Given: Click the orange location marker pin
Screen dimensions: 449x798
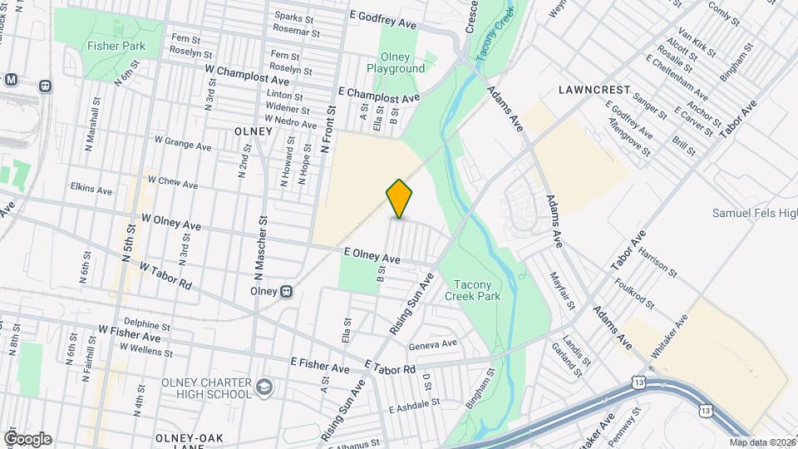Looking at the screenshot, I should [x=399, y=199].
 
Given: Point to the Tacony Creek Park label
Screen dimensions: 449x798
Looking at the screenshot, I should [x=471, y=289].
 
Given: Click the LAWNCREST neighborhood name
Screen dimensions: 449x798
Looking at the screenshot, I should [x=594, y=88].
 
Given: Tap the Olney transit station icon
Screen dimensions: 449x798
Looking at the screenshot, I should [x=285, y=291].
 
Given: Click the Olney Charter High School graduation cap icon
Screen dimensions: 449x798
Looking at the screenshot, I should [x=264, y=387].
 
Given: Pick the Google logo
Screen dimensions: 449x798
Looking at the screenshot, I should [x=27, y=439].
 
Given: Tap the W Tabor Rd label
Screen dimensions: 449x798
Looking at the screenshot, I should [x=165, y=276].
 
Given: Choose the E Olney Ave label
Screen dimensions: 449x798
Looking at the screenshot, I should [x=372, y=256].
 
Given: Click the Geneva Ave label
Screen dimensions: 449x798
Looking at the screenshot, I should [x=432, y=343].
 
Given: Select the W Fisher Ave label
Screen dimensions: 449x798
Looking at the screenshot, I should [x=129, y=334].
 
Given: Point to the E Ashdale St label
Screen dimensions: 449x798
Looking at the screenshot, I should [x=412, y=403].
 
